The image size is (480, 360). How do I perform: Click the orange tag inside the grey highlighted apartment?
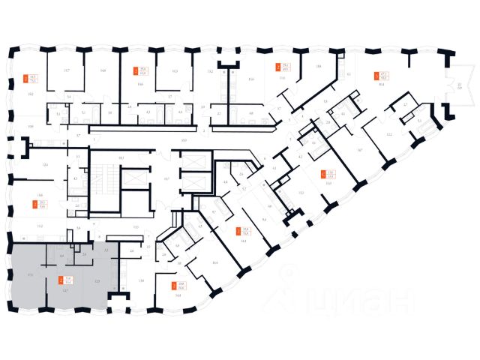click(x=59, y=281)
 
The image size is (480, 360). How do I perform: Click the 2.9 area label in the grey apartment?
click(x=83, y=256)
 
